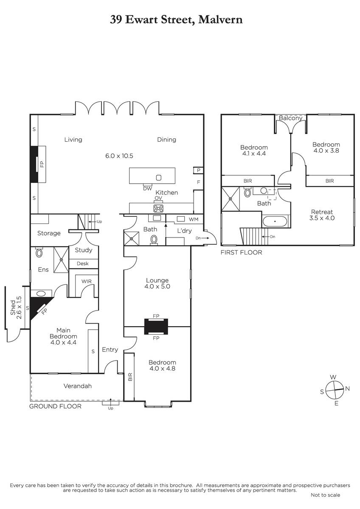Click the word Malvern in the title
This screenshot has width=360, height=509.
click(220, 20)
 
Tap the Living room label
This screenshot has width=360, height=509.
click(73, 140)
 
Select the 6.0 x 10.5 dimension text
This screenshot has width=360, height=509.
click(119, 156)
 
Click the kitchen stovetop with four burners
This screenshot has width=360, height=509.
click(158, 208)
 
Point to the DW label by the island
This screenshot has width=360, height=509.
click(147, 189)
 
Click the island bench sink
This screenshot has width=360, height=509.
click(158, 178)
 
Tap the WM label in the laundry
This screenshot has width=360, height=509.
click(194, 219)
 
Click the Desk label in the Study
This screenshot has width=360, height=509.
click(82, 263)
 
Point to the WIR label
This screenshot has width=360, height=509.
click(87, 281)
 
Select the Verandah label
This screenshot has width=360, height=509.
click(78, 386)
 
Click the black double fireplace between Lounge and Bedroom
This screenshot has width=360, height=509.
click(156, 327)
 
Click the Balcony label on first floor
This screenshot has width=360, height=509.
click(290, 118)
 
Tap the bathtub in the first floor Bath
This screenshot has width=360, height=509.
click(275, 221)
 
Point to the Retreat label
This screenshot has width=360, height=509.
click(322, 212)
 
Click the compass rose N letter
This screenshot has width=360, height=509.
click(347, 389)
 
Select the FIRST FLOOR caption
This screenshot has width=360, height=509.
click(241, 252)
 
